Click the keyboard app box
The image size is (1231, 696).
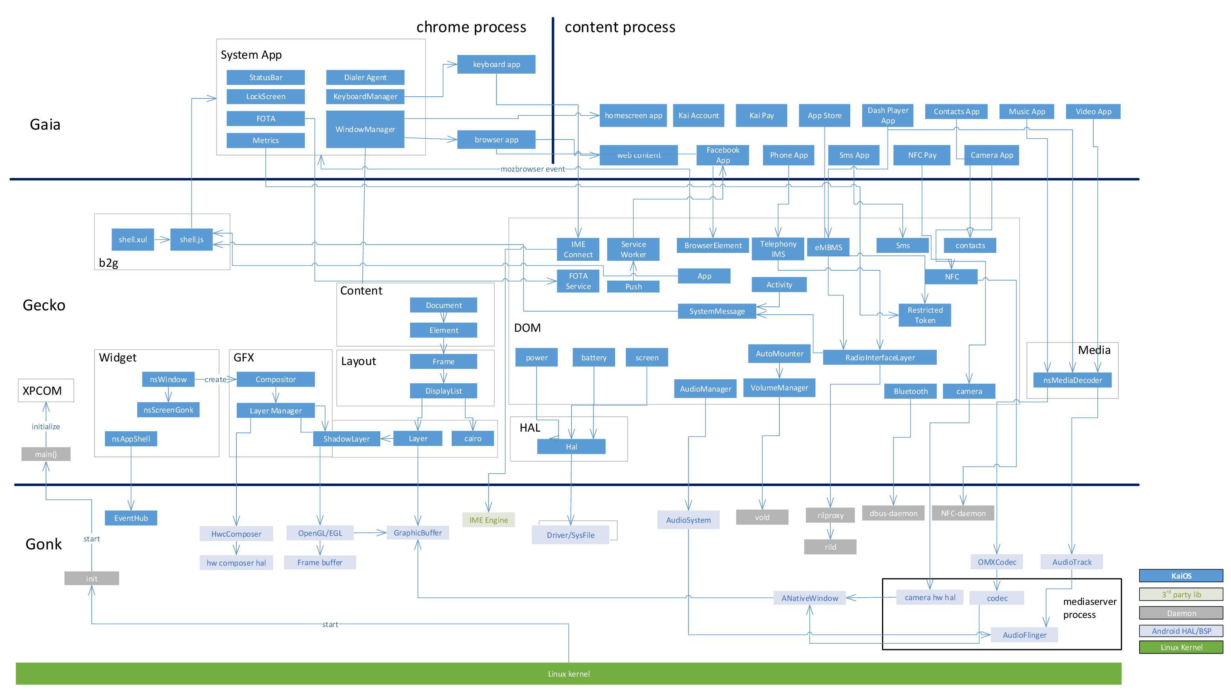[x=496, y=64]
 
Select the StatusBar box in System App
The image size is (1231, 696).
[x=265, y=77]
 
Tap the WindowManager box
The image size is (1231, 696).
[x=365, y=129]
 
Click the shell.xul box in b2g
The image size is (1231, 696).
[x=133, y=239]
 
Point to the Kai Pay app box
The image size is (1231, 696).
[x=761, y=116]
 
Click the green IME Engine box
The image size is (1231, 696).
[x=488, y=520]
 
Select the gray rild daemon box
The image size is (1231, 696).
[x=830, y=547]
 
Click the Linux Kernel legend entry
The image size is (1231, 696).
[x=1181, y=647]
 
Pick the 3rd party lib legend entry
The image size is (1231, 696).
[x=1181, y=595]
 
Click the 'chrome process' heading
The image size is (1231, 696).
[x=471, y=27]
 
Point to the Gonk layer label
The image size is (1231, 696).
[x=44, y=544]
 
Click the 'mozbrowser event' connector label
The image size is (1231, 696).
[x=532, y=169]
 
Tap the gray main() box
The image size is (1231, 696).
[x=46, y=454]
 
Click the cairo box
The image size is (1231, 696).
[x=472, y=438]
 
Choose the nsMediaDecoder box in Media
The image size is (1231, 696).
[x=1072, y=380]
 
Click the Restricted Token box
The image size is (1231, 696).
[x=924, y=315]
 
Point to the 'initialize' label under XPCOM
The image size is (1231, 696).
[x=46, y=426]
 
